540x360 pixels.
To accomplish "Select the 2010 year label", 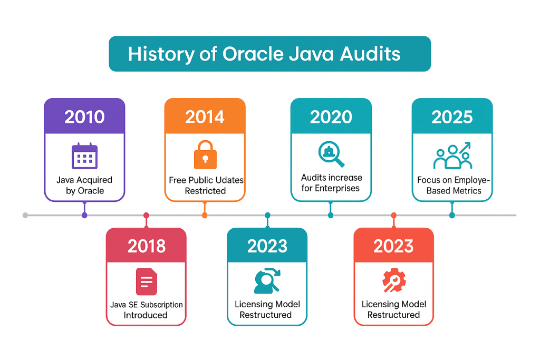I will [x=84, y=116].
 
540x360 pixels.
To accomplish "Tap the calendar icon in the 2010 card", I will [x=84, y=156].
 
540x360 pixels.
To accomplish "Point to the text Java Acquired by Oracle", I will [x=84, y=185].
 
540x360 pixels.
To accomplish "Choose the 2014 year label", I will [x=205, y=116].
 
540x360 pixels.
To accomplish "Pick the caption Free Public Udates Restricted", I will [x=206, y=185].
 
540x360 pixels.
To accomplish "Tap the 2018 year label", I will [x=146, y=246].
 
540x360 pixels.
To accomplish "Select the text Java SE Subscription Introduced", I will [x=146, y=310].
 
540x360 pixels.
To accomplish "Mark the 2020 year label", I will [x=331, y=116].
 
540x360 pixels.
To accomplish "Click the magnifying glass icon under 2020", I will [x=331, y=154].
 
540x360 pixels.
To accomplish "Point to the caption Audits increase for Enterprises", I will [x=331, y=182].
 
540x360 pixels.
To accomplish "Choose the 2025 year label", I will [x=452, y=116].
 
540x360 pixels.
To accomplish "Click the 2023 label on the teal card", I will [x=267, y=246].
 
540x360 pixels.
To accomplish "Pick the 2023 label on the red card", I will [x=393, y=246].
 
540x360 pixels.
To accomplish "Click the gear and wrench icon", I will [x=393, y=281].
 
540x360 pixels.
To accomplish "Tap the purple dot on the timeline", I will [x=84, y=215].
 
